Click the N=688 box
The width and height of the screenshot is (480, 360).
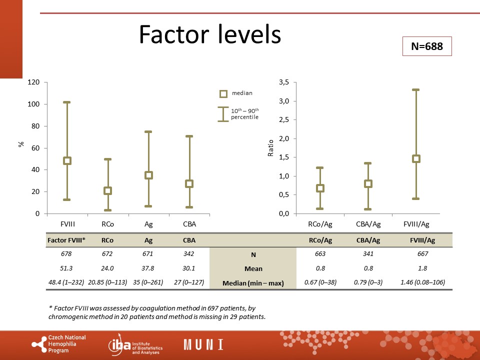coord(427,46)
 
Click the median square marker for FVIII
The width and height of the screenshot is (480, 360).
coord(67,160)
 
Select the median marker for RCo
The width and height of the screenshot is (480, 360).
coord(107,190)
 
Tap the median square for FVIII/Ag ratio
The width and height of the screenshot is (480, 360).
coord(415,158)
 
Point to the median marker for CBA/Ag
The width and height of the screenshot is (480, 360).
coord(368,183)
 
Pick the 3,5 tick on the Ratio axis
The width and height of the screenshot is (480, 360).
coord(283,82)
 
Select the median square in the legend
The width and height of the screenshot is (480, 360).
coord(223,93)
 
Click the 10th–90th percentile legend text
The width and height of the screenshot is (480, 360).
coord(244,114)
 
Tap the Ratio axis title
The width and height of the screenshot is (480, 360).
coord(270,148)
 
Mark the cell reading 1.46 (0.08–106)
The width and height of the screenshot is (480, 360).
coord(423,282)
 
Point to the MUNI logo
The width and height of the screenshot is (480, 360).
coord(203,344)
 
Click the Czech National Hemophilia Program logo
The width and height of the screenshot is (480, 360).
coord(58,344)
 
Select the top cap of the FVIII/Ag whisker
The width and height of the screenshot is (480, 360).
coord(415,90)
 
